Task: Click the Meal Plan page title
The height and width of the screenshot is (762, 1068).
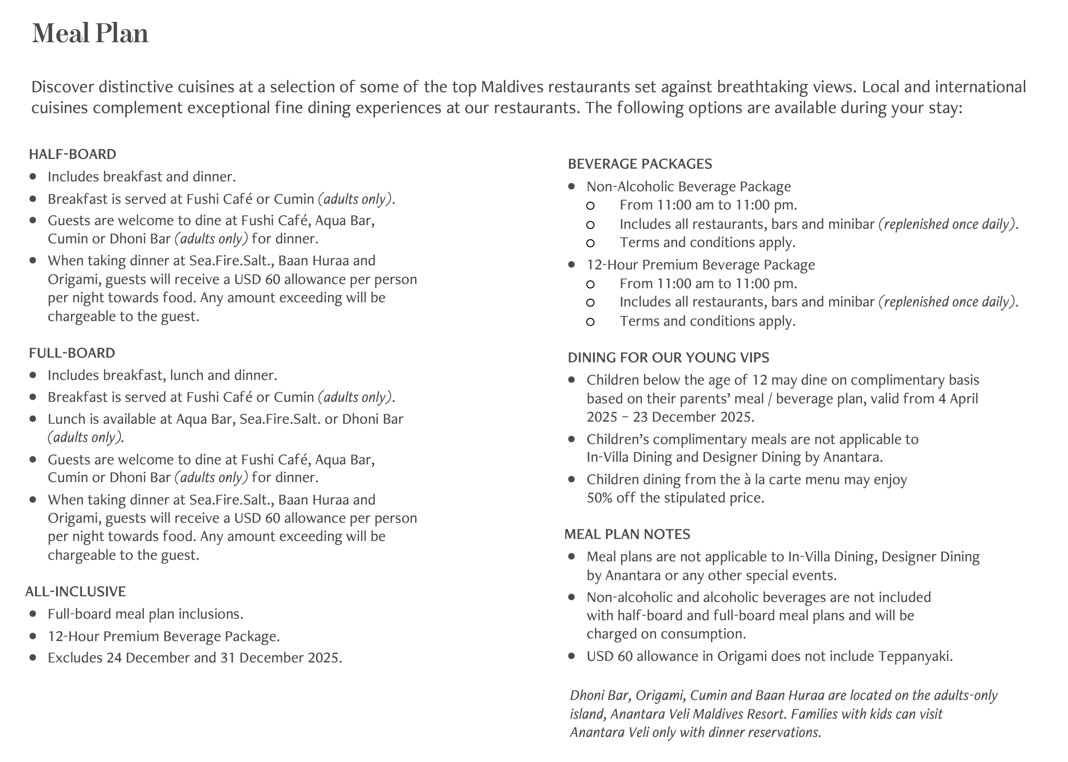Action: [90, 33]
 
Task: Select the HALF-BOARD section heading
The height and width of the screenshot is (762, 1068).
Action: [72, 154]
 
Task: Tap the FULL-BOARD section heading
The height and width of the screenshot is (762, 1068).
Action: [72, 353]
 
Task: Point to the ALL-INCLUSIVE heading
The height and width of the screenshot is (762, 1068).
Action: [76, 592]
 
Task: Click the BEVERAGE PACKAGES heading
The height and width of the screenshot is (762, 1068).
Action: [640, 164]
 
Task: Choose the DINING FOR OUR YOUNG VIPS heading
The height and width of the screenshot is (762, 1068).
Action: [668, 358]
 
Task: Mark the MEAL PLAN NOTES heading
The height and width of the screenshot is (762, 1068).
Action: [627, 534]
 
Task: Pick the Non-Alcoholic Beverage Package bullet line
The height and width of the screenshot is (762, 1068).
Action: [688, 187]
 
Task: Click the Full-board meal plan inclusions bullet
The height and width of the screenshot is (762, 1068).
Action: [145, 614]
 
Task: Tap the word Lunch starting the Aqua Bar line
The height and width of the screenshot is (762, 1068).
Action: [65, 419]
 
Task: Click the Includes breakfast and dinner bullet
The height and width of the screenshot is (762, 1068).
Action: [141, 177]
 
